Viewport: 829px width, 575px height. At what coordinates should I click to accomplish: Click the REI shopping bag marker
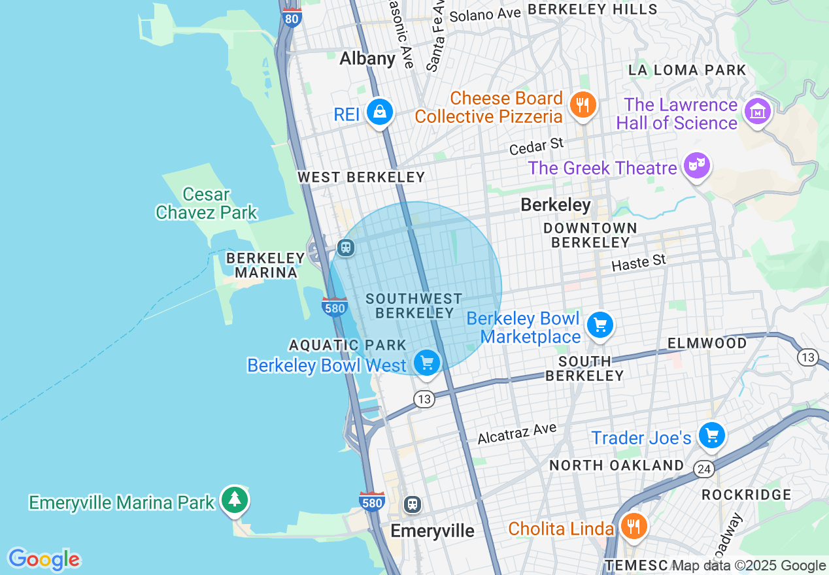tap(379, 112)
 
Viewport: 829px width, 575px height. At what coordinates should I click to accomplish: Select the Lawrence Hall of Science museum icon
tap(757, 112)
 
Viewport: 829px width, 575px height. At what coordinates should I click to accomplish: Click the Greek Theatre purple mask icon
tap(697, 165)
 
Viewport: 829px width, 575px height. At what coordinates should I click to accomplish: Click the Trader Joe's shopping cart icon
tap(711, 435)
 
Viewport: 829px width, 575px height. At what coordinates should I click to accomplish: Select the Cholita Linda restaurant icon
tap(633, 525)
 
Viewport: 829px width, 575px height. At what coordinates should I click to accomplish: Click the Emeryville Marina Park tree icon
tap(234, 500)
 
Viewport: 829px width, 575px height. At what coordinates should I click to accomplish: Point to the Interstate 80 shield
tap(292, 18)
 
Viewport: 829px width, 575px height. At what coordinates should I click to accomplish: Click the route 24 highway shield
tap(703, 468)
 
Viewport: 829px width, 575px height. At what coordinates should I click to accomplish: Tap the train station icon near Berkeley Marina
tap(346, 248)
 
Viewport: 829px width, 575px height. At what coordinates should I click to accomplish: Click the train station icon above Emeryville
tap(412, 504)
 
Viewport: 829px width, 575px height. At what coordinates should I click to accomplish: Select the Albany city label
tap(367, 59)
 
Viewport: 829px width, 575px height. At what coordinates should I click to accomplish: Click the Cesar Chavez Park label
tap(207, 203)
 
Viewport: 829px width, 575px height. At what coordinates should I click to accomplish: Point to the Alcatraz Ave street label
tap(516, 433)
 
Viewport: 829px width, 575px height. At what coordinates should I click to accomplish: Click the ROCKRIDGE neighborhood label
tap(746, 495)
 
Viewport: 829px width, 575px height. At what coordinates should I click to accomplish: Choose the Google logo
tap(44, 559)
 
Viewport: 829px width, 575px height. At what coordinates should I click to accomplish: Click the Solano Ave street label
tap(485, 14)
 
